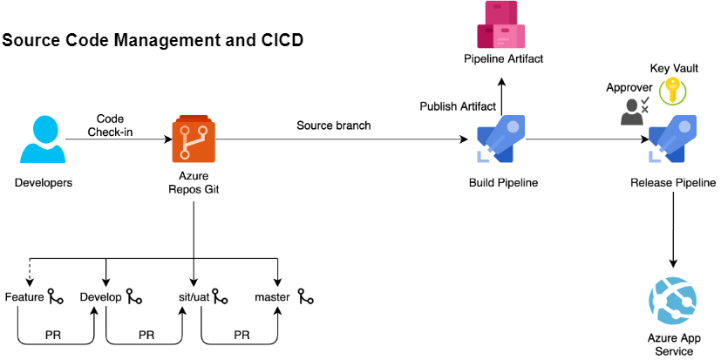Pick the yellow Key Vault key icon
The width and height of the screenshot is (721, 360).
673,91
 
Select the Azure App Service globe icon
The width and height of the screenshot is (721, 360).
672,300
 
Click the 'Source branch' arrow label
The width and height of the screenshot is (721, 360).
334,126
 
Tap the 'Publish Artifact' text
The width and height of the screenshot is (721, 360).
458,106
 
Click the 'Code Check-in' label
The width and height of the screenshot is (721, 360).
110,125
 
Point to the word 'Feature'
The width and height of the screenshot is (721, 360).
24,297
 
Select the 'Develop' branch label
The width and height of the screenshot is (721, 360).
100,297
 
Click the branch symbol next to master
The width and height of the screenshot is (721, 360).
305,297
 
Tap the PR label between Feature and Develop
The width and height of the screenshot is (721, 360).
53,335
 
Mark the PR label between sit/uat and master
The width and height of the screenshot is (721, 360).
241,335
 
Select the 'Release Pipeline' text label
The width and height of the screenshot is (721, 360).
672,183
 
